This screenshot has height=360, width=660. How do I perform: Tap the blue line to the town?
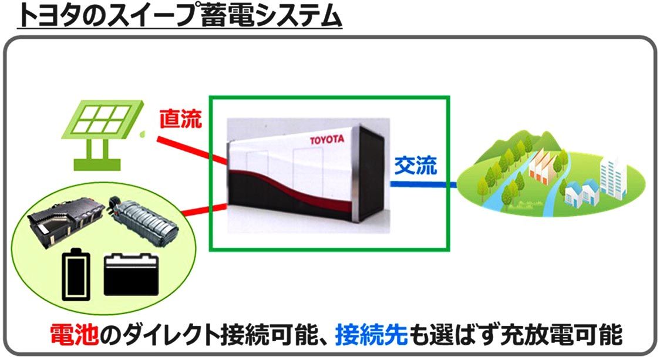tap(423, 186)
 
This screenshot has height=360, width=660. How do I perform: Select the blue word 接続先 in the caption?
tap(371, 335)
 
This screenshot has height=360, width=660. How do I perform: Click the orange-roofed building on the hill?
tap(543, 167)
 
